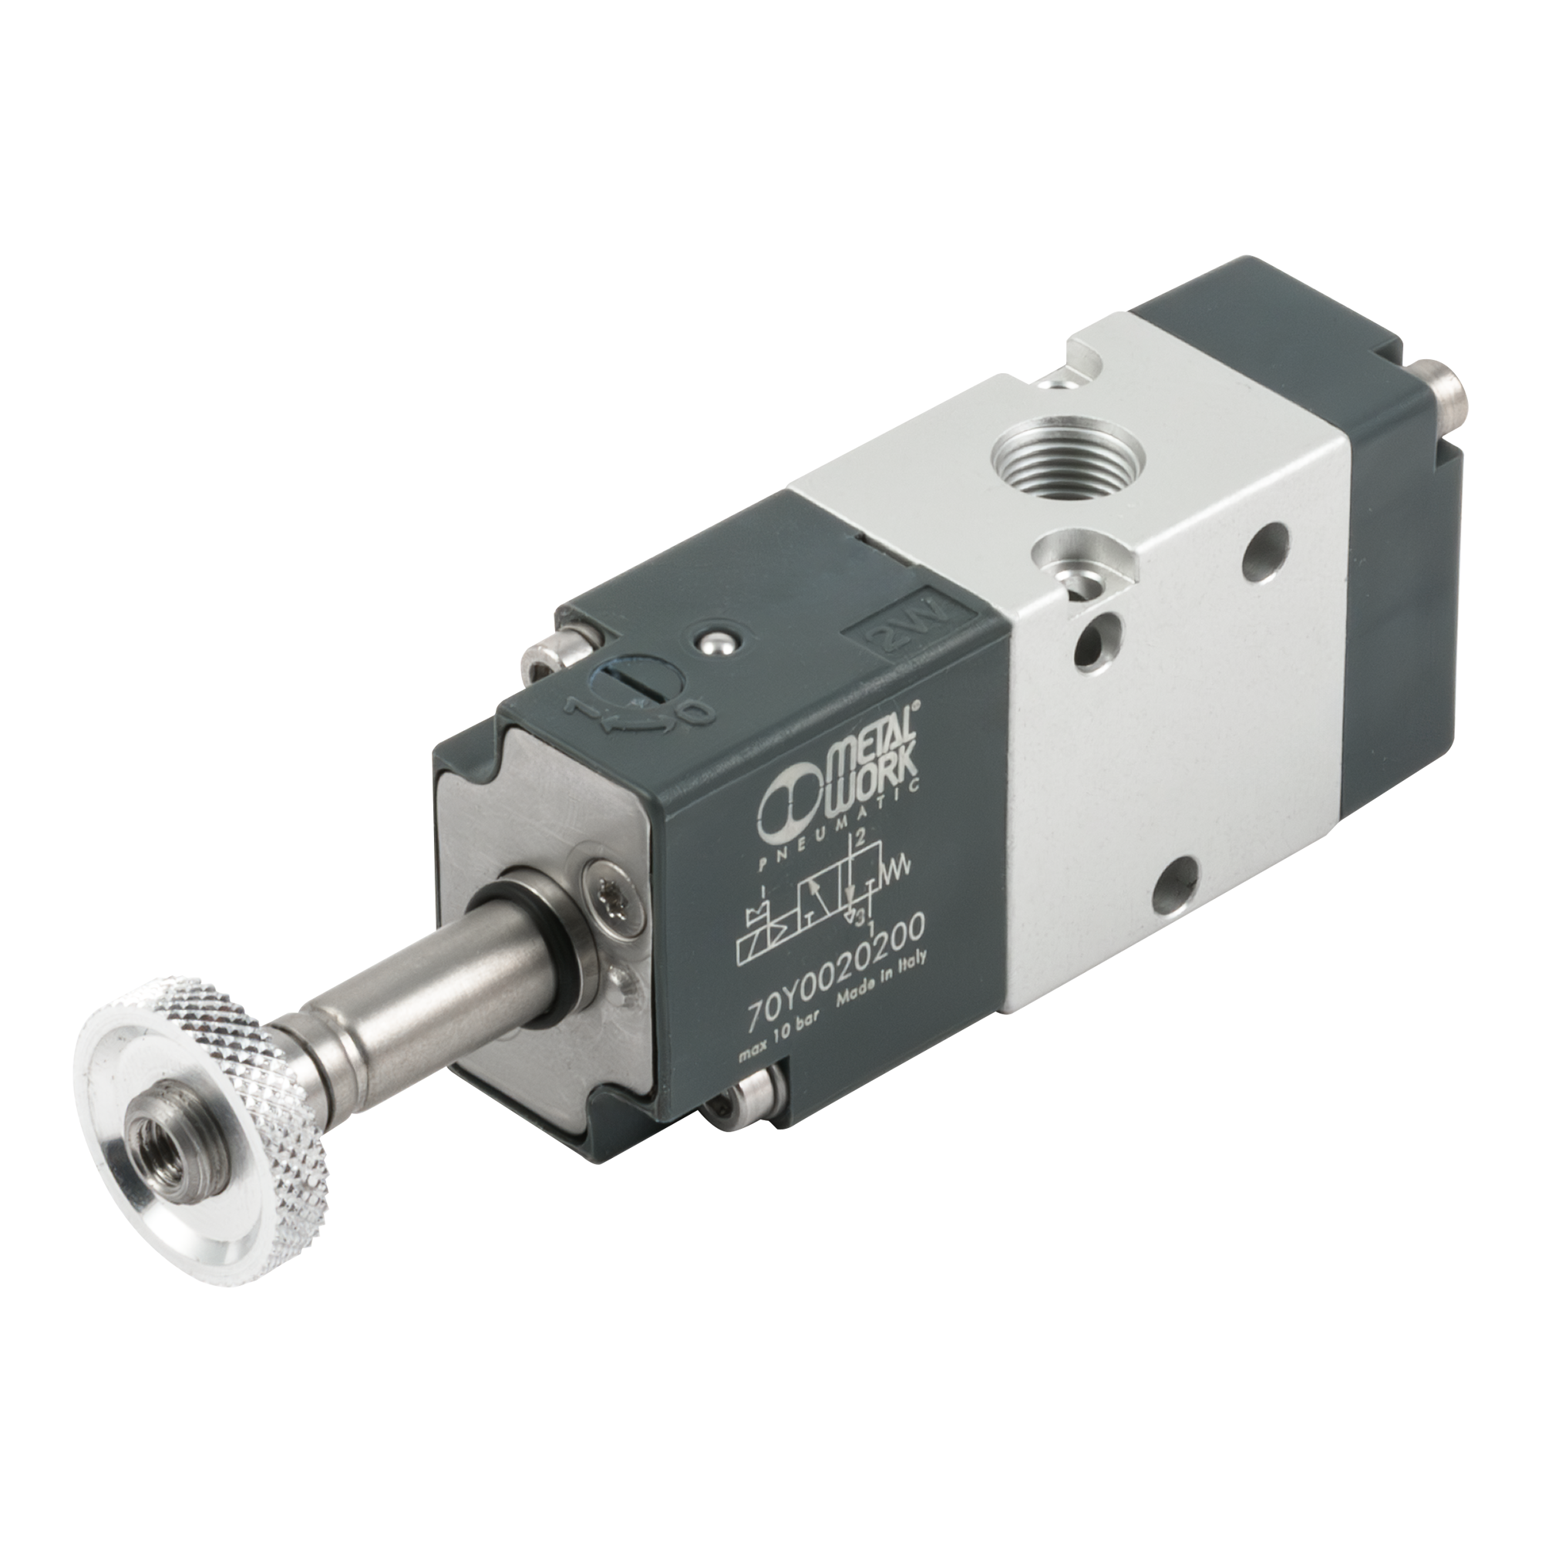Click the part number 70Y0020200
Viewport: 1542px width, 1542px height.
pos(834,966)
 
